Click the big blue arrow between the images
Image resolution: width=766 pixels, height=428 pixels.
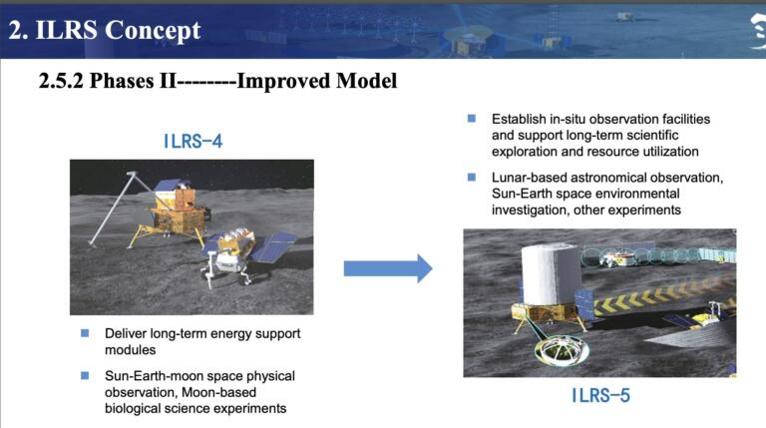tap(387, 267)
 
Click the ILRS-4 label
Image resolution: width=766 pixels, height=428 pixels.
tap(192, 141)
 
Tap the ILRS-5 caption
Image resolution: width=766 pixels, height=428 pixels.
tap(600, 396)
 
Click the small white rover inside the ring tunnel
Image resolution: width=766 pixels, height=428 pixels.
tap(626, 257)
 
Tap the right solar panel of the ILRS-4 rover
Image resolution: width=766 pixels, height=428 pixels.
tap(273, 247)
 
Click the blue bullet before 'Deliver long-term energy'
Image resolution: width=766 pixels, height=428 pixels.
tap(85, 333)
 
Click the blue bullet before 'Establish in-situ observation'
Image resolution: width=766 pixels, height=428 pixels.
tap(472, 119)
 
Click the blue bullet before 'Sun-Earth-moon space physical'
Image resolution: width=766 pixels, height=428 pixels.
tap(85, 375)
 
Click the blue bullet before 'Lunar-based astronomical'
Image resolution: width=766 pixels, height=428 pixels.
tap(472, 178)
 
